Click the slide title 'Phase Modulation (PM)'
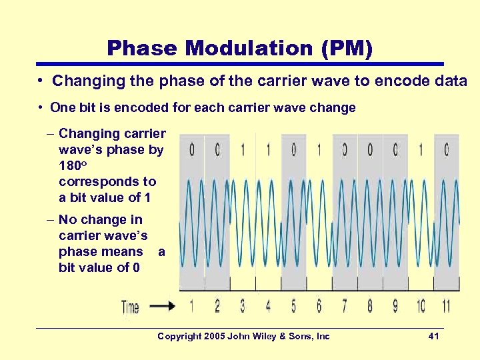(239, 48)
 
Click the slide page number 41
(433, 336)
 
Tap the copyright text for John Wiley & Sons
(243, 336)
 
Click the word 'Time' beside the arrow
(130, 307)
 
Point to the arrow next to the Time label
(162, 307)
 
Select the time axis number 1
(192, 306)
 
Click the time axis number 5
(294, 306)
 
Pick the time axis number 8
(370, 306)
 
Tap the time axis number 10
(421, 306)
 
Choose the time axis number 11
(445, 306)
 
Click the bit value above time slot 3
(243, 150)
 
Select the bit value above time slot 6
(319, 150)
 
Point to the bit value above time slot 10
(421, 150)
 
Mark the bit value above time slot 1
(192, 150)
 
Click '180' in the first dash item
(69, 166)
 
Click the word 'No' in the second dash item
(67, 219)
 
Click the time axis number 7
(345, 306)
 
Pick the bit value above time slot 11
(446, 150)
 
